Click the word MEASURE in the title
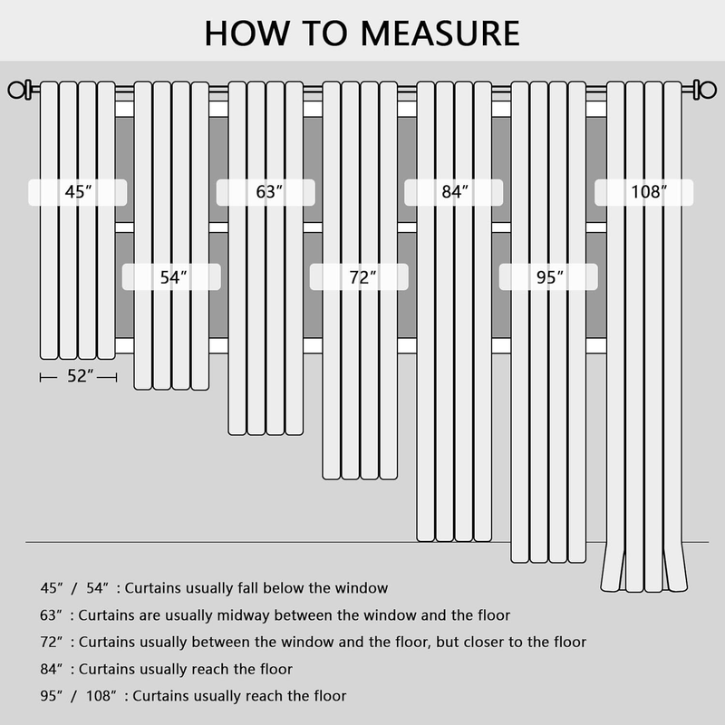[440, 34]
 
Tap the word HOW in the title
[247, 34]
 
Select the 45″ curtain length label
[78, 192]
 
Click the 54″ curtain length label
[173, 277]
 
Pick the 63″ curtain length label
[269, 192]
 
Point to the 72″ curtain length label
[362, 277]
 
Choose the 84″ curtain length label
[455, 192]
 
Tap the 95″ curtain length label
[550, 277]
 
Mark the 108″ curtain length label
[649, 192]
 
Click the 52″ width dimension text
[81, 376]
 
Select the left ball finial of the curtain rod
[16, 90]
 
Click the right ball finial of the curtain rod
[708, 90]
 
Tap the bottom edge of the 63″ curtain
[266, 433]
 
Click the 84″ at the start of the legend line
[51, 669]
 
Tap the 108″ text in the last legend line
[101, 696]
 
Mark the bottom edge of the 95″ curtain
[548, 561]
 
